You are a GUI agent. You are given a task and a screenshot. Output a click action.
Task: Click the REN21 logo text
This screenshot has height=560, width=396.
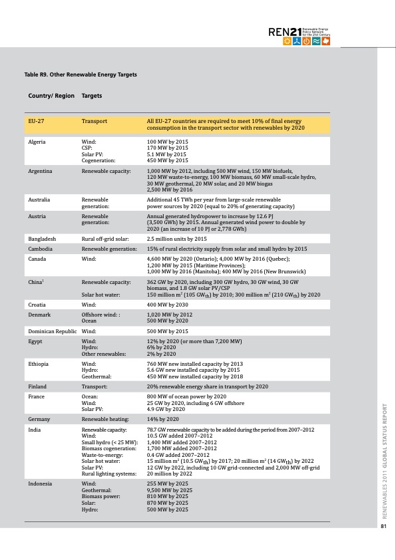(284, 32)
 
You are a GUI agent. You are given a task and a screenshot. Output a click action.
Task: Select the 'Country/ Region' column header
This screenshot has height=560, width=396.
(51, 96)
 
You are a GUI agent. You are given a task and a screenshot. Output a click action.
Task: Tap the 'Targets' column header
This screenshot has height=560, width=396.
(92, 96)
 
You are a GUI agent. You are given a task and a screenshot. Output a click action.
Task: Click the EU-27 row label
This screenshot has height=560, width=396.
(37, 121)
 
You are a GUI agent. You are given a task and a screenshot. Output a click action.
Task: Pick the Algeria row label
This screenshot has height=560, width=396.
(37, 142)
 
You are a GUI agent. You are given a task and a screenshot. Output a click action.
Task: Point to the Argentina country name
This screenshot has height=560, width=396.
(40, 171)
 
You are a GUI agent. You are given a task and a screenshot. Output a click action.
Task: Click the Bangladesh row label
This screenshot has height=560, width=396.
(41, 238)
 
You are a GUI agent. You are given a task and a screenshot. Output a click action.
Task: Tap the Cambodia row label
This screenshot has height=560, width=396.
(40, 247)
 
